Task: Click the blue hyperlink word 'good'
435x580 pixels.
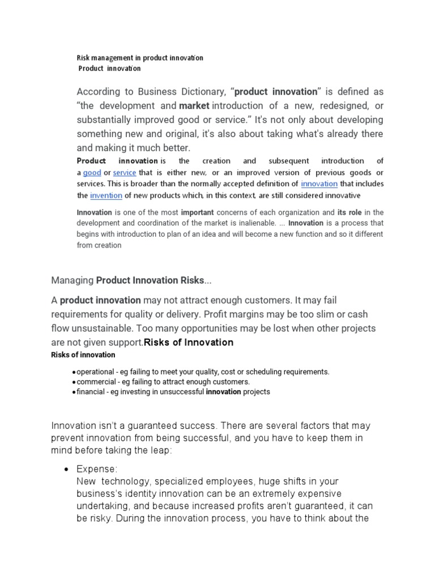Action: pyautogui.click(x=92, y=173)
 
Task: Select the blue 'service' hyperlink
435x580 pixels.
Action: pyautogui.click(x=124, y=173)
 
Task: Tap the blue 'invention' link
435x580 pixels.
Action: pyautogui.click(x=106, y=195)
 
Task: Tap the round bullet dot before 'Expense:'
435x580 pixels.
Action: pyautogui.click(x=66, y=470)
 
